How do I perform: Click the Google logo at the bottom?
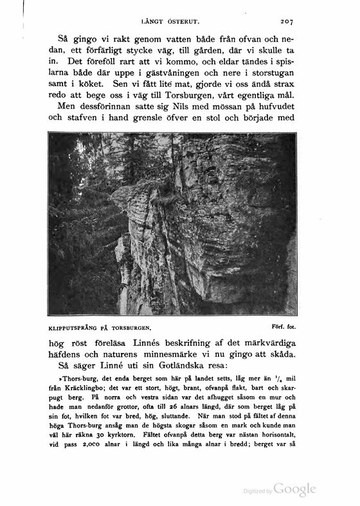(x=294, y=490)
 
